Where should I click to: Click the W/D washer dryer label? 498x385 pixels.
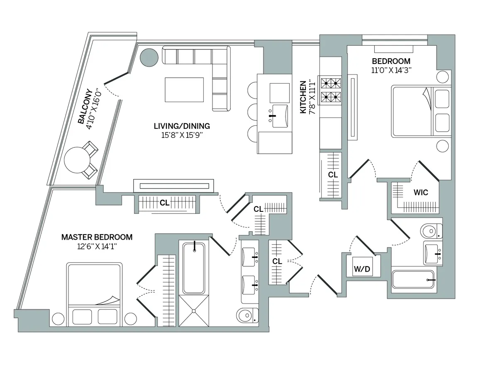[x=361, y=269]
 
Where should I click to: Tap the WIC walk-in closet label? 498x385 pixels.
[x=420, y=193]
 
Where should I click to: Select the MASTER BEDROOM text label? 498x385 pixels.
[x=97, y=237]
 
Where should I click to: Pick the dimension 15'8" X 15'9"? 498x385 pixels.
[x=182, y=135]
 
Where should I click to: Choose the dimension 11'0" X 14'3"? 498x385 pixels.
[x=391, y=70]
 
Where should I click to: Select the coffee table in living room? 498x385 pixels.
[x=184, y=89]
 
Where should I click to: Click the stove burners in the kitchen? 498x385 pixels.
[x=330, y=90]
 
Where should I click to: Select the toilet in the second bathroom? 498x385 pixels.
[x=431, y=230]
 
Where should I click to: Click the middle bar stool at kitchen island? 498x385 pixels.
[x=254, y=112]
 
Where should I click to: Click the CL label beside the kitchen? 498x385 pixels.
[x=333, y=175]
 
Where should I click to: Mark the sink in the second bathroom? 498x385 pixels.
[x=434, y=253]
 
